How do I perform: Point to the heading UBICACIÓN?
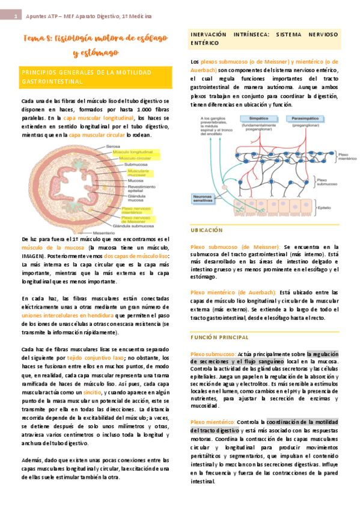pos(206,230)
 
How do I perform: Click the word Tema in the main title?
pos(35,40)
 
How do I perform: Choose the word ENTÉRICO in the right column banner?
pos(205,44)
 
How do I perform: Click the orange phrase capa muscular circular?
pos(98,135)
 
